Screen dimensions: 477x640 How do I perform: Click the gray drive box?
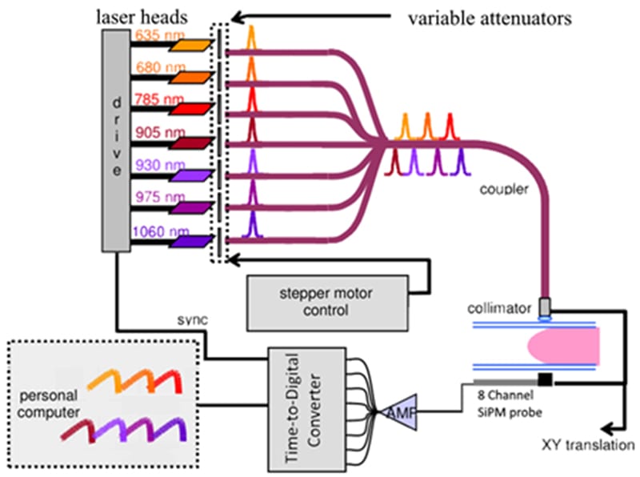(116, 136)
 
